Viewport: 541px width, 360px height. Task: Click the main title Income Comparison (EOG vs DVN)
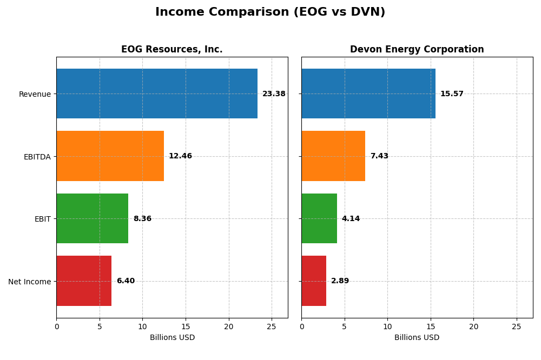270,12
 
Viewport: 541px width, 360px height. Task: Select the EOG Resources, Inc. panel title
171,50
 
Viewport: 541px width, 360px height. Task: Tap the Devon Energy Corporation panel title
417,50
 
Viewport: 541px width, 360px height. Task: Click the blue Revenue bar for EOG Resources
157,94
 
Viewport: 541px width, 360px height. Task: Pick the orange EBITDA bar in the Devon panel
333,156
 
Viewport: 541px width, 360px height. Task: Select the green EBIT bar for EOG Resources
92,218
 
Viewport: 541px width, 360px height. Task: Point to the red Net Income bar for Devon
314,281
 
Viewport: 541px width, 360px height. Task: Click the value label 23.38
274,94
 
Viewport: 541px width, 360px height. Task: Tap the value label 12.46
180,156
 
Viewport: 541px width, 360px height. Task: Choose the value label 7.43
379,156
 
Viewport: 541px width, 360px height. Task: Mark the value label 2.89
340,281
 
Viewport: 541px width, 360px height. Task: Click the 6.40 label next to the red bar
126,281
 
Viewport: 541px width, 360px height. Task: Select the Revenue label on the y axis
35,94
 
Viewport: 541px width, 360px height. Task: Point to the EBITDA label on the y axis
37,157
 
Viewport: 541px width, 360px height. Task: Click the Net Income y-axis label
29,282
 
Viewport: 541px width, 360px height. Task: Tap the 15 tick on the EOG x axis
186,326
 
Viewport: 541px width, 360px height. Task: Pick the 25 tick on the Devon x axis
517,326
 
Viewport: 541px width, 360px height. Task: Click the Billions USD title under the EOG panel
172,338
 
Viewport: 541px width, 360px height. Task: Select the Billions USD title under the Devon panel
417,338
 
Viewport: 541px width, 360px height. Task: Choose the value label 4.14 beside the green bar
351,219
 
